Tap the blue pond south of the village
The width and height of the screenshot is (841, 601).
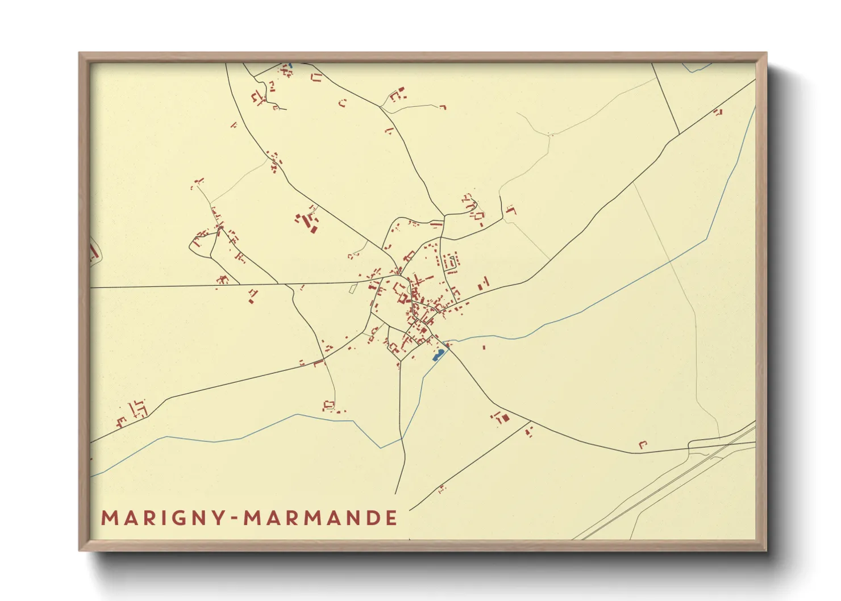(x=438, y=355)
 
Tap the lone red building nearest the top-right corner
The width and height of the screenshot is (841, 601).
(x=718, y=112)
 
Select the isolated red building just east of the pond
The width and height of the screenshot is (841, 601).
(x=484, y=347)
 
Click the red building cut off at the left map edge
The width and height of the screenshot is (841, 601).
(x=93, y=252)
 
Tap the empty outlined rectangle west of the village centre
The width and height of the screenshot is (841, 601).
(x=353, y=289)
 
